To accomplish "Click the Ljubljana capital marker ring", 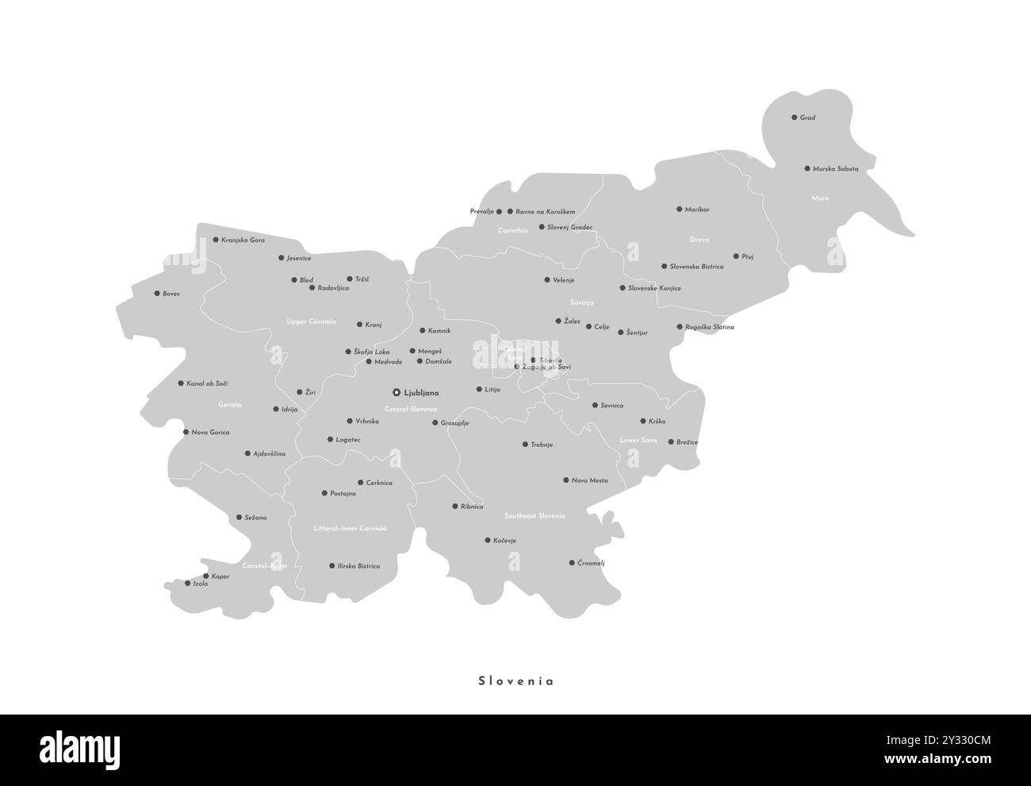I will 397,392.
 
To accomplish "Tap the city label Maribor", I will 698,210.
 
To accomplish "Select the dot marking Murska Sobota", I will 807,168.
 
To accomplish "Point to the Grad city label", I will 807,118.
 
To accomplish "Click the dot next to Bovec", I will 157,294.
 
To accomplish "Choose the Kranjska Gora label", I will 243,240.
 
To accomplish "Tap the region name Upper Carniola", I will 311,322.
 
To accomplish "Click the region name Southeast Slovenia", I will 535,516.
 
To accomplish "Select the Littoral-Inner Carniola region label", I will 350,528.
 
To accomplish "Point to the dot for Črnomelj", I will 572,563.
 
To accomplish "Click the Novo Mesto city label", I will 590,480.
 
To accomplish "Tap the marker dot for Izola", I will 188,584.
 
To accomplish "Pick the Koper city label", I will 220,576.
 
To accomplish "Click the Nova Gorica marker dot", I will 186,433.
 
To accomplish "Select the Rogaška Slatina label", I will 710,327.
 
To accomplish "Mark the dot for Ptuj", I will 736,256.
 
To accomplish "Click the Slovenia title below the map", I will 515,680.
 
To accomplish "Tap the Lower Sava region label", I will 638,440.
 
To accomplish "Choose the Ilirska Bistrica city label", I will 358,566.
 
